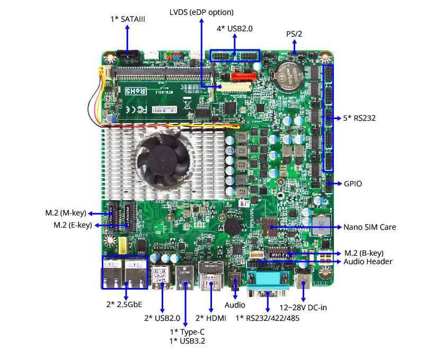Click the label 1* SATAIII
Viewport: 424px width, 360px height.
[128, 19]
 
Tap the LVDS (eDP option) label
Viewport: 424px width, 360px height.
[201, 12]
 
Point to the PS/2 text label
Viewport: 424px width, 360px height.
[295, 34]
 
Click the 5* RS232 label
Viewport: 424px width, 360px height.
[359, 118]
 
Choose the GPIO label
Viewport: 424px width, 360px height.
[352, 184]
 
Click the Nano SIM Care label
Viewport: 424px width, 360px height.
[370, 227]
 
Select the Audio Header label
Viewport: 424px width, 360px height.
[368, 262]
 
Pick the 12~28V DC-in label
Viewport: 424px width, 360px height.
[303, 307]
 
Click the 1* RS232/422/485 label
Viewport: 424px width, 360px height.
[268, 318]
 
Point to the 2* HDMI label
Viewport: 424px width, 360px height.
[211, 318]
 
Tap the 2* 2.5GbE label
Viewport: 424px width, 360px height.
[125, 304]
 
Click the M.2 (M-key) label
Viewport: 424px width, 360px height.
[65, 213]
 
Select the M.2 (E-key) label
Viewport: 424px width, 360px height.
[73, 225]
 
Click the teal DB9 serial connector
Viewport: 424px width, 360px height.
[269, 279]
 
